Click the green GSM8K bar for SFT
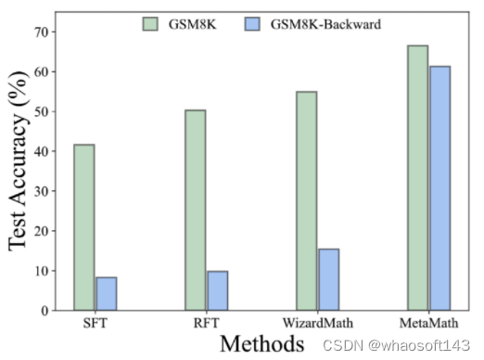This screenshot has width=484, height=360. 84,227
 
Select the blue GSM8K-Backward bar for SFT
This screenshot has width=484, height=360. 106,293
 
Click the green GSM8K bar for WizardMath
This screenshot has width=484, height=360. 306,200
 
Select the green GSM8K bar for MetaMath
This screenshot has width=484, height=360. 417,177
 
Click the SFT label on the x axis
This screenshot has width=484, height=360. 95,324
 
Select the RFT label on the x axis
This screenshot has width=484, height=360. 206,324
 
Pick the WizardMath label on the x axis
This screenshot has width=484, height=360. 317,324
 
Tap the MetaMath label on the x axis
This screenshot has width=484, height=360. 428,324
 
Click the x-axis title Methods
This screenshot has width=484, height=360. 262,344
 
